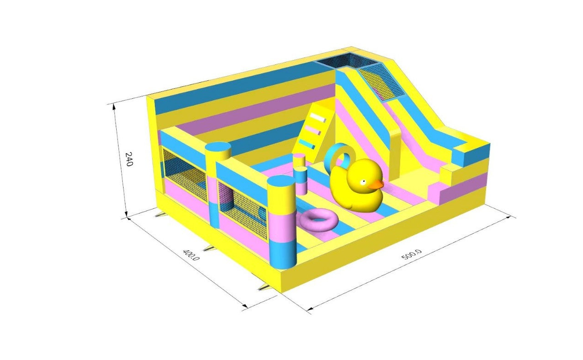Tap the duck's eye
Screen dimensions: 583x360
click(363, 181)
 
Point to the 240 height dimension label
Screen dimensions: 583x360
click(129, 159)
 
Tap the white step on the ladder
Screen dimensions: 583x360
click(317, 117)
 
